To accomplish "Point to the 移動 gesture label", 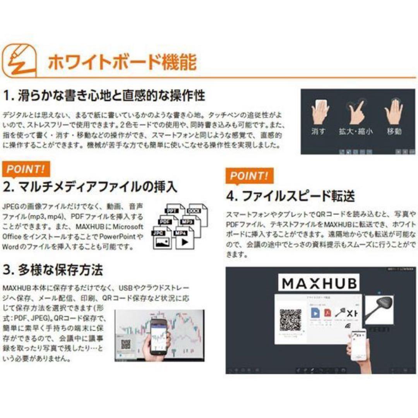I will pos(394,131).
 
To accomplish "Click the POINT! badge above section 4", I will pos(249,176).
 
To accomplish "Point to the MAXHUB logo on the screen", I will pos(319,283).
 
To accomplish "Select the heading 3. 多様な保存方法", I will pos(53,270).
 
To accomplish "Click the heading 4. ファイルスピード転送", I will pos(290,196).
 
